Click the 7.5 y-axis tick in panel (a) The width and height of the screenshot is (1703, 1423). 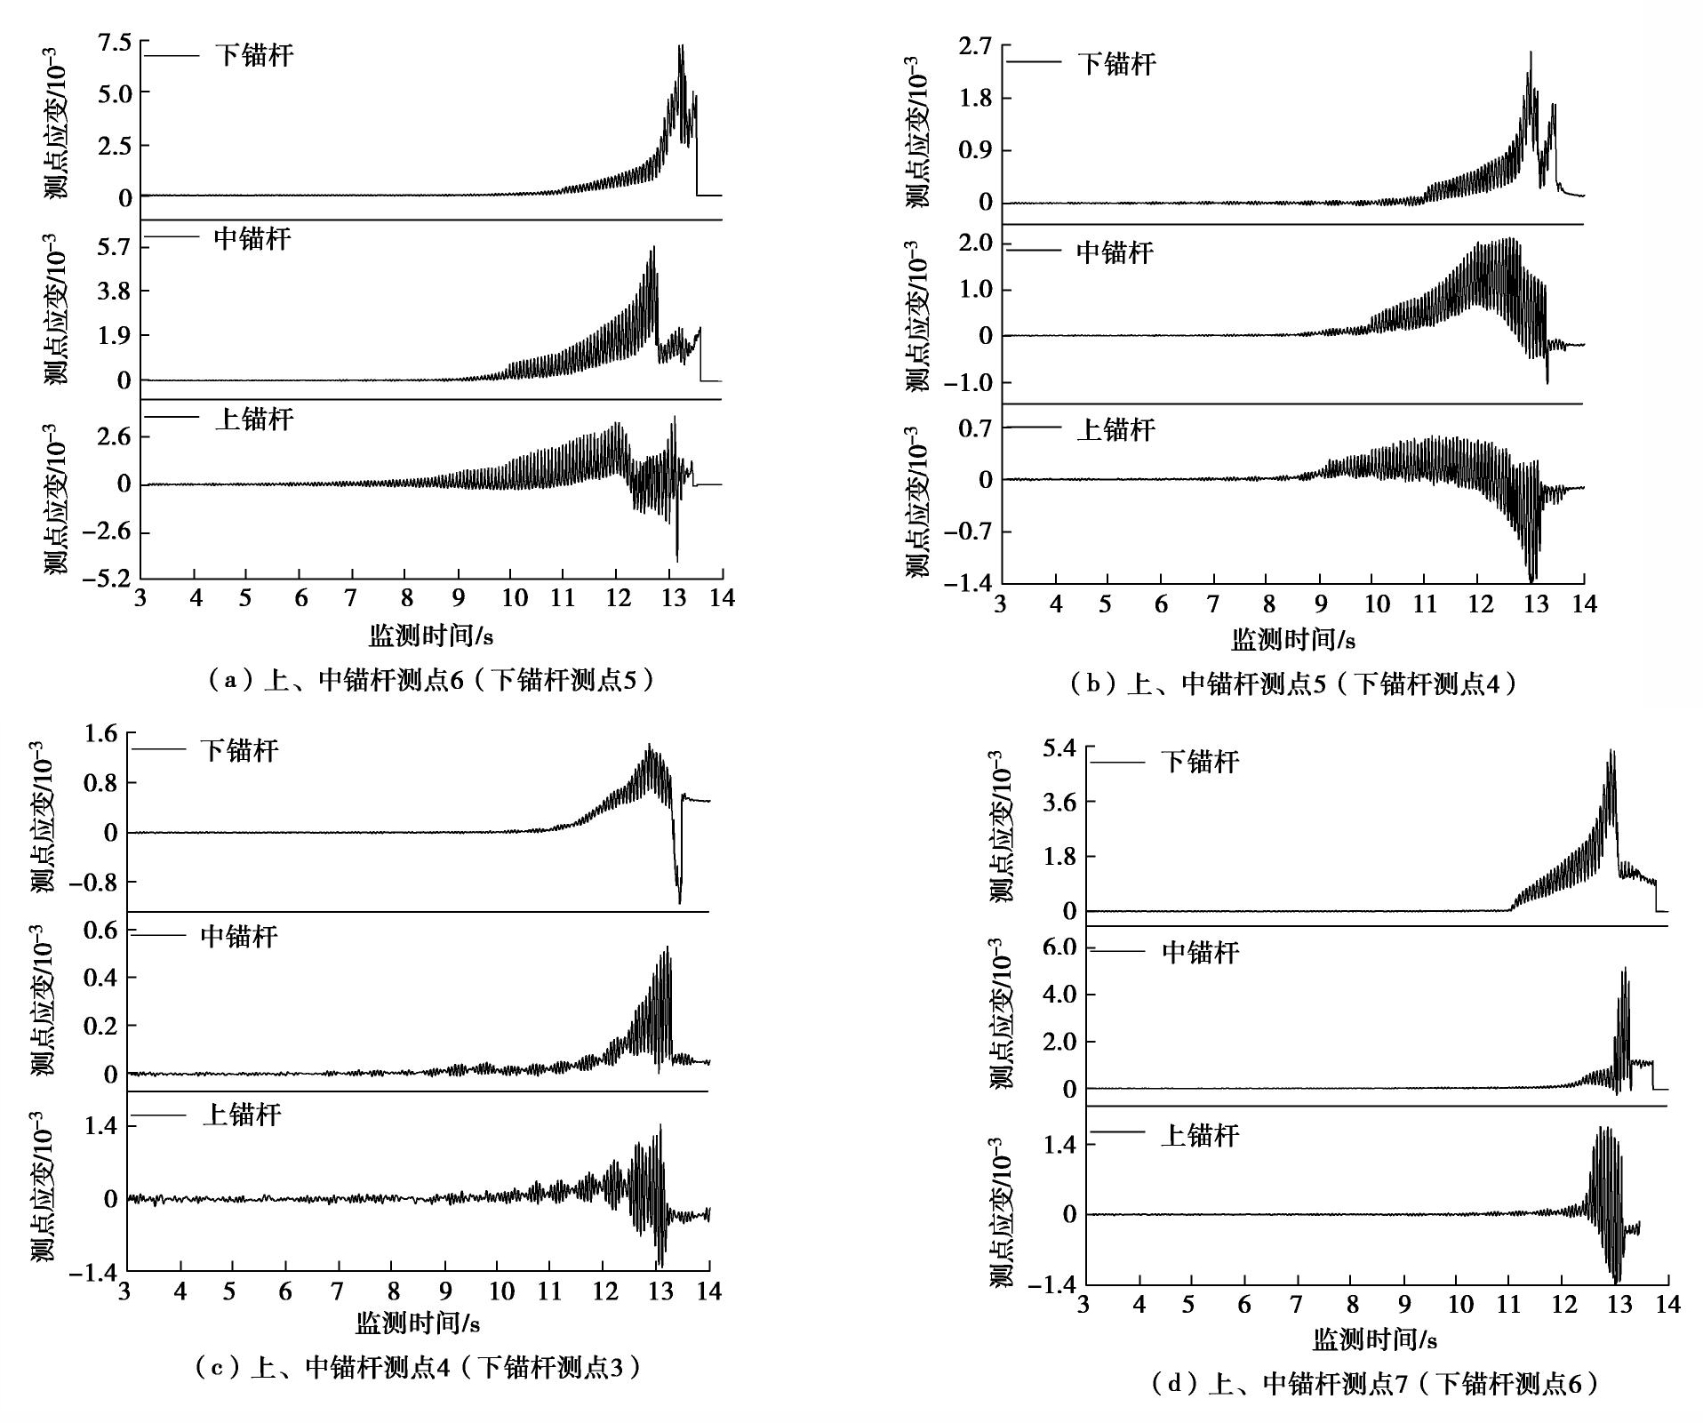coord(113,43)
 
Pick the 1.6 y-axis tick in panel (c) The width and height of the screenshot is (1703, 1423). coord(99,734)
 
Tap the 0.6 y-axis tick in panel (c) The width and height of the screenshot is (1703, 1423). coord(99,931)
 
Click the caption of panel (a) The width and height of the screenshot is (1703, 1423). coord(430,681)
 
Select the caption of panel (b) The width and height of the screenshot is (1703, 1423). coord(1292,683)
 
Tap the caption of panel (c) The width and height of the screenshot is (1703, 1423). coord(417,1367)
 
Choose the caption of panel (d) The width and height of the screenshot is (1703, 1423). coord(1374,1383)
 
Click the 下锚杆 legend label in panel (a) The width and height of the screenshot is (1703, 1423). coord(254,56)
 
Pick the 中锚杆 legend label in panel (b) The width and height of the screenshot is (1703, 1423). coord(1115,252)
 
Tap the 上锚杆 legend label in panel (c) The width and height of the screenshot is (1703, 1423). coord(242,1115)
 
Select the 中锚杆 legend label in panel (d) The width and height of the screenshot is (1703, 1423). coord(1200,953)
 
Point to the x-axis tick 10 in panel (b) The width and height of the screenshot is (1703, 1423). coord(1377,604)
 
